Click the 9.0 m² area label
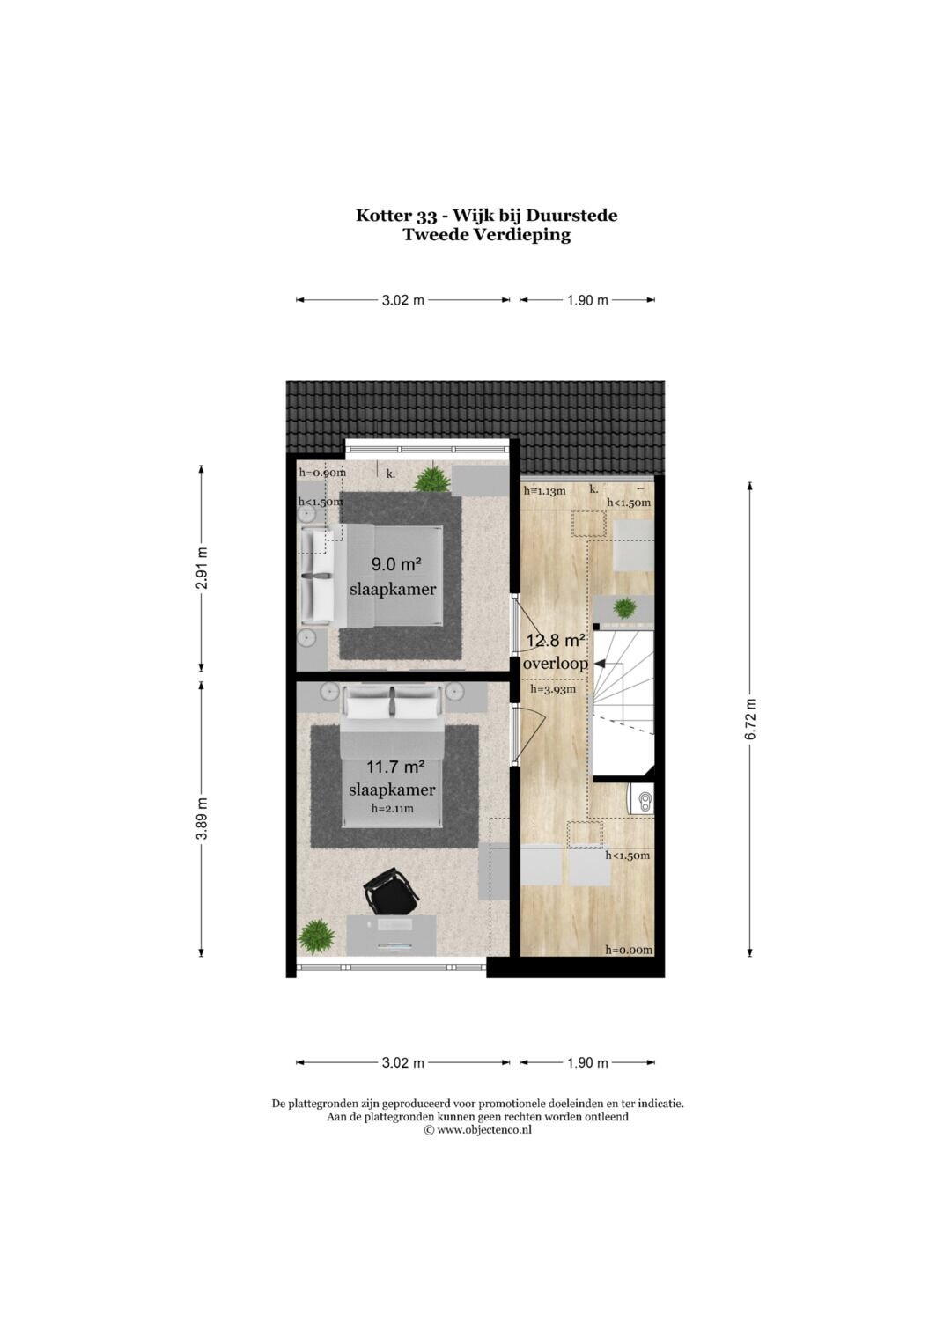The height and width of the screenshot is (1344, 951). [x=395, y=564]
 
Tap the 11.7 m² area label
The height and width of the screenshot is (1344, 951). [x=395, y=767]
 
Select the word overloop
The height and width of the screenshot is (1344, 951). [x=556, y=664]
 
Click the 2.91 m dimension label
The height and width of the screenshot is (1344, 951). [x=202, y=569]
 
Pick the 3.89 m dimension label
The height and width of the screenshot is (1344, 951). [x=202, y=819]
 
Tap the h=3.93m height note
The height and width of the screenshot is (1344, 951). [x=553, y=689]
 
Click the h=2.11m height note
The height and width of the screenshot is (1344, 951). [x=392, y=808]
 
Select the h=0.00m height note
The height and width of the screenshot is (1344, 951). [x=629, y=950]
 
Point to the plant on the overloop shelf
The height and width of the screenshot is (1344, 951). [x=625, y=608]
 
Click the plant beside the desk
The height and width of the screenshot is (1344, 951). [x=316, y=937]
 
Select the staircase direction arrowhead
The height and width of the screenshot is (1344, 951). [x=600, y=664]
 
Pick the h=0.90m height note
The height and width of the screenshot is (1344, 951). [x=322, y=472]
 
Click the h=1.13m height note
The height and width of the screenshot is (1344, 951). [x=544, y=491]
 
